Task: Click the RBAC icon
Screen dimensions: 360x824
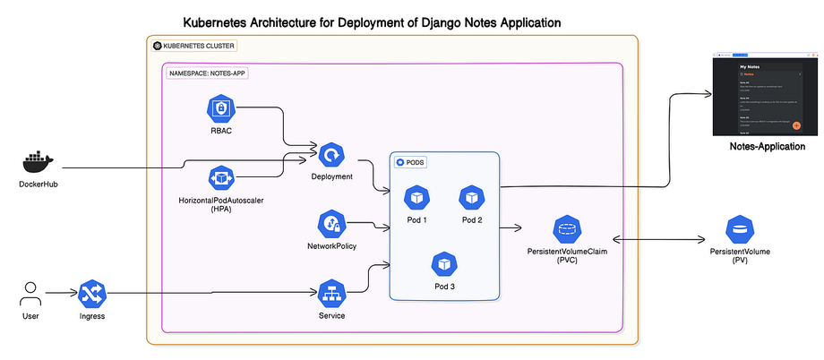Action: (220, 109)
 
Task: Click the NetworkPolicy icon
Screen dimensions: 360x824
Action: (331, 224)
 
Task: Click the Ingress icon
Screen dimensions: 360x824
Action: (93, 293)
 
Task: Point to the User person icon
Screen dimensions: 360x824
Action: (31, 292)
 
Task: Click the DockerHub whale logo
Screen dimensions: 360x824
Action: (38, 162)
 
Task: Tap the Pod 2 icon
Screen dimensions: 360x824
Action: (472, 197)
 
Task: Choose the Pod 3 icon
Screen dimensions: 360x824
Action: (444, 263)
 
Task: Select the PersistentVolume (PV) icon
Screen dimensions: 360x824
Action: (739, 229)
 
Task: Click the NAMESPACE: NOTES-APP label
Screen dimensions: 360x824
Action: (207, 73)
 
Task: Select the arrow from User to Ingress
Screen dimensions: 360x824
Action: (60, 293)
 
